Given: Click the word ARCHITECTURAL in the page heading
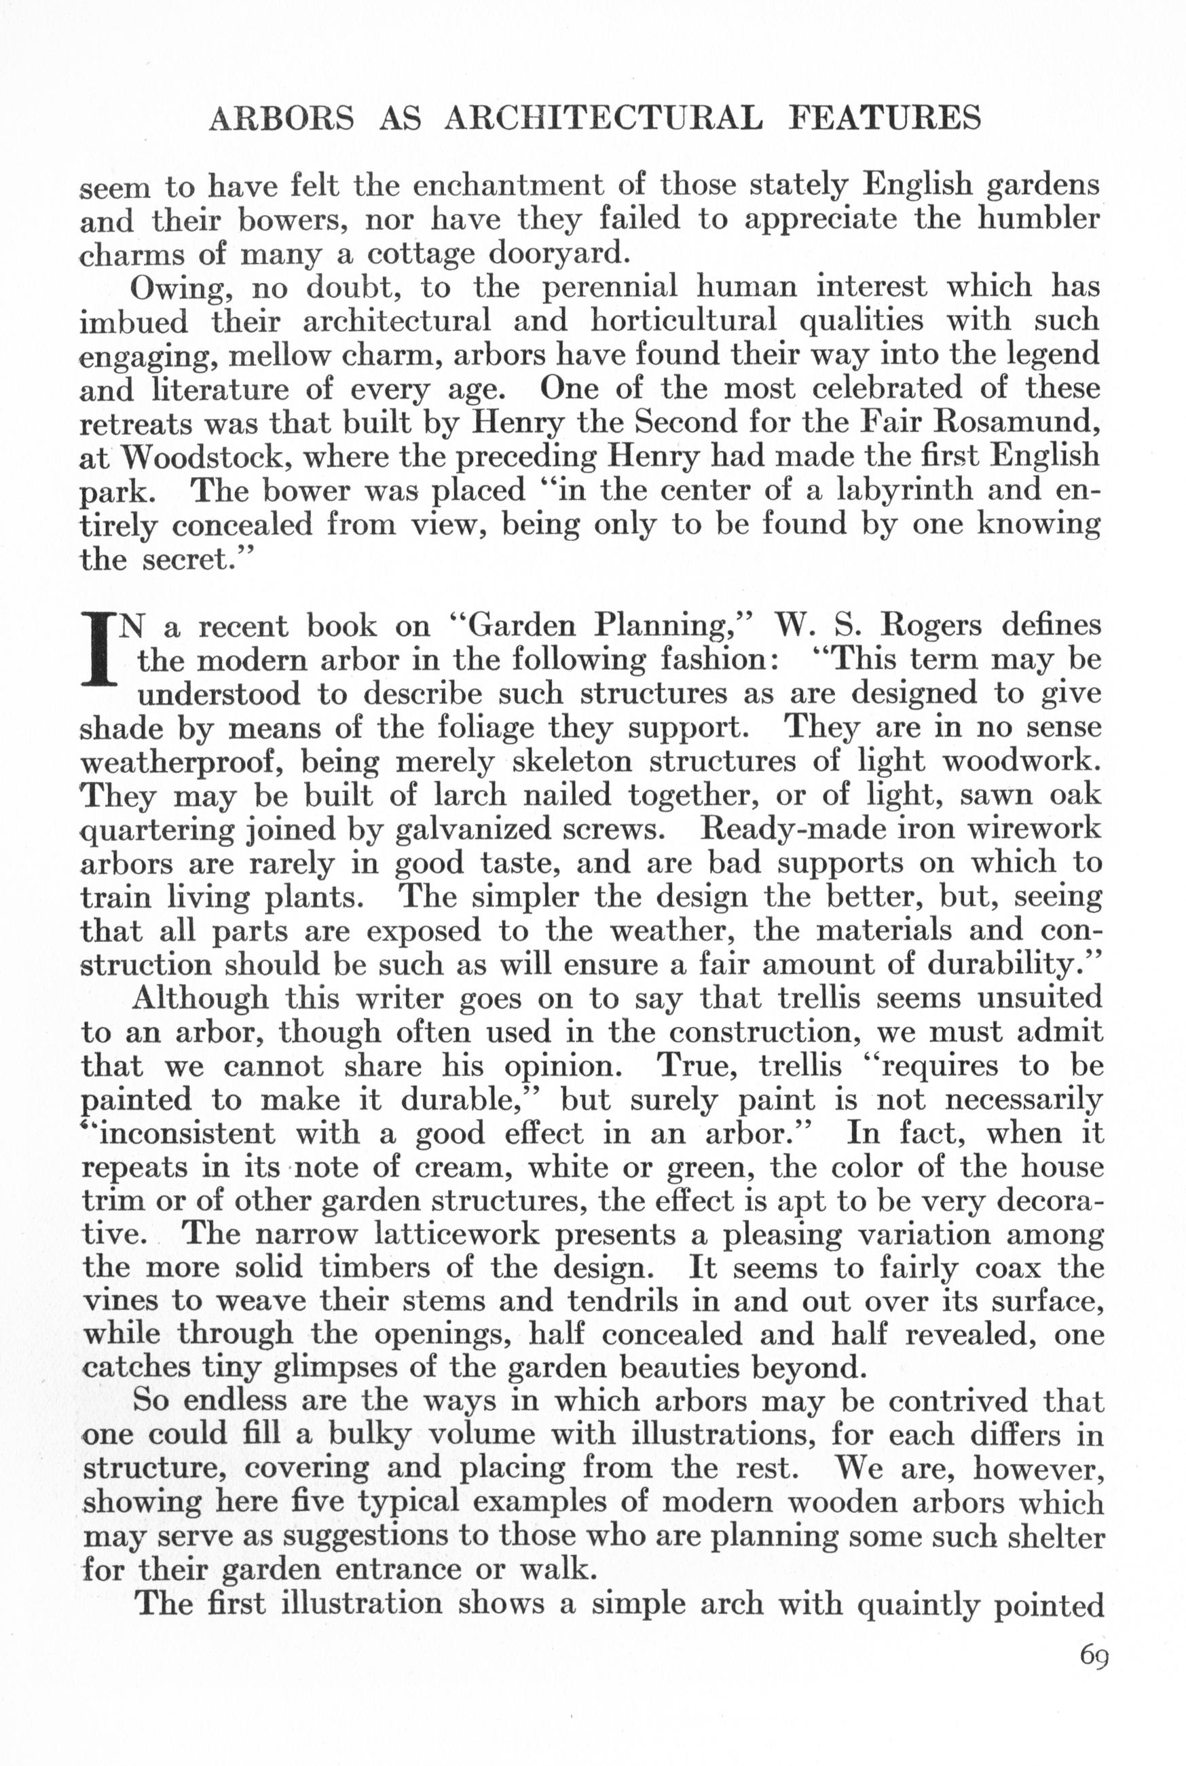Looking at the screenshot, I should click(602, 119).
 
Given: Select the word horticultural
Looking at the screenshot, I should click(683, 321).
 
